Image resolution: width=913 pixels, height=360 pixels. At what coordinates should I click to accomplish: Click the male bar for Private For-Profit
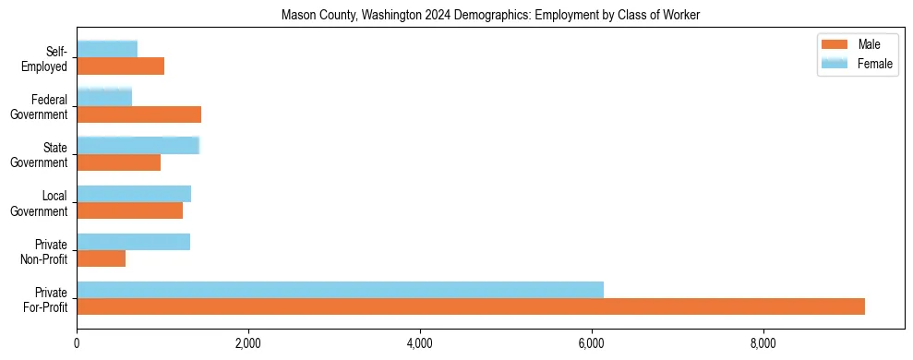(471, 306)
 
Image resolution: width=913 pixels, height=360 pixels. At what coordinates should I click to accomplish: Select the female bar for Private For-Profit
(340, 290)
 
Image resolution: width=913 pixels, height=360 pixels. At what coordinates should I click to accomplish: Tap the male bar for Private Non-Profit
(101, 258)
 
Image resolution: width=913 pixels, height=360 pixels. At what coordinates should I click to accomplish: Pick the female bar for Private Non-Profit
(133, 242)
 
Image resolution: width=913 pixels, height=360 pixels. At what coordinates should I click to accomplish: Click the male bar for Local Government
(129, 210)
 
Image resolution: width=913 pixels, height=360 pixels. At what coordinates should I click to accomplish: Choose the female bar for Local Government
(134, 194)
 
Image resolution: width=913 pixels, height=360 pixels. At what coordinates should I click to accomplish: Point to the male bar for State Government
(118, 162)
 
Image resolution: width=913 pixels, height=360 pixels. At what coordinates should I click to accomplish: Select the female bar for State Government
(138, 146)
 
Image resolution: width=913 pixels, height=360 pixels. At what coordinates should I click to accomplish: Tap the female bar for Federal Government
(104, 97)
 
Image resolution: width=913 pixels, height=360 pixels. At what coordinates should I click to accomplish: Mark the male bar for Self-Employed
(120, 66)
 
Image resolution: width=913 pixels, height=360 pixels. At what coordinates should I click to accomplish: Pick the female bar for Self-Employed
(107, 49)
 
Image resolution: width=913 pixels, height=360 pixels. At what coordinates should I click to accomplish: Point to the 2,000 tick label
(248, 344)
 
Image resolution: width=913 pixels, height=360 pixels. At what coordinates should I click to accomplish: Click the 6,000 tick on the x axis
(592, 344)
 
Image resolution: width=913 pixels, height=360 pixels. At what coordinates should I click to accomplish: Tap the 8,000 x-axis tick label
(763, 344)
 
